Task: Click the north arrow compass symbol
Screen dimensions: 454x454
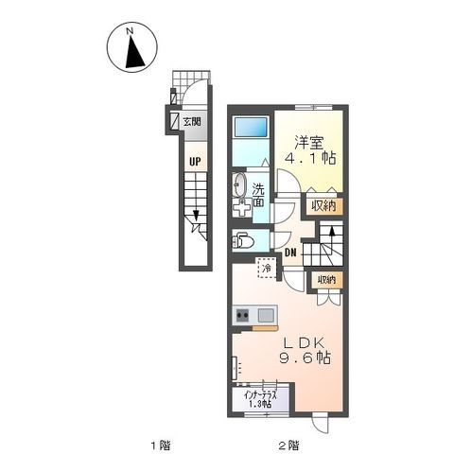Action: coord(131,47)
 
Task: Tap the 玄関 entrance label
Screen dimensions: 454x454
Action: coord(192,121)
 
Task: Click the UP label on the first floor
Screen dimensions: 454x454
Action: coord(195,162)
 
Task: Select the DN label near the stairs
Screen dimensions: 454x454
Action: coord(290,253)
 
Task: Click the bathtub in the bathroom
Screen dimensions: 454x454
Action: coord(251,128)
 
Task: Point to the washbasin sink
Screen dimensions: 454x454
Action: coord(240,184)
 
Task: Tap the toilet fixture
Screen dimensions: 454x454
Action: coord(243,241)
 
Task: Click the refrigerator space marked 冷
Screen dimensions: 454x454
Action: coord(267,269)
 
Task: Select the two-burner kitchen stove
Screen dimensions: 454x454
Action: coord(242,315)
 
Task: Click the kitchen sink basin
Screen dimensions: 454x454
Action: coord(266,315)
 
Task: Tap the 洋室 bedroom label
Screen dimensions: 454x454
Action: coord(309,142)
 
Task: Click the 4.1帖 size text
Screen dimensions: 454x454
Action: coord(310,158)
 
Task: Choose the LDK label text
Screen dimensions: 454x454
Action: coord(305,342)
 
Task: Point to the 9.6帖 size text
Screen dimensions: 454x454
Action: coord(305,358)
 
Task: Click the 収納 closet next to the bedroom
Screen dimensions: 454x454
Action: coord(323,206)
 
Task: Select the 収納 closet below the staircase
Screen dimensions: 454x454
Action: coord(326,279)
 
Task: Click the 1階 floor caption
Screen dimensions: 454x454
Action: coord(161,445)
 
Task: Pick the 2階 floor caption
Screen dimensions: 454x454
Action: coord(288,445)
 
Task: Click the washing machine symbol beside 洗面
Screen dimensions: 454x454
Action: coord(242,207)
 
